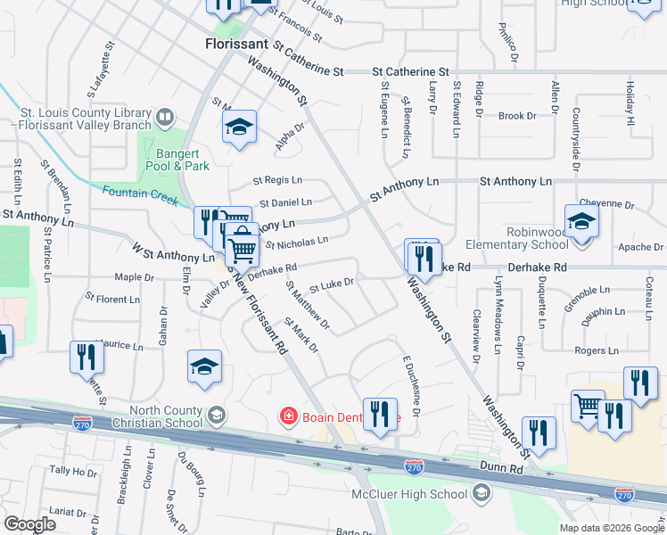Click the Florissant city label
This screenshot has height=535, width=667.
[x=237, y=42]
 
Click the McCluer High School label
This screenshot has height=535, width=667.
[x=422, y=494]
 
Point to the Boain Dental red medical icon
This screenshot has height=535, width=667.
[x=289, y=416]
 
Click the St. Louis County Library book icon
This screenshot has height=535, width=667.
[x=165, y=118]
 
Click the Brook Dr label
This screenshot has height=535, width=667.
[x=517, y=116]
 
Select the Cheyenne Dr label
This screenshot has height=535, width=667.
[x=606, y=204]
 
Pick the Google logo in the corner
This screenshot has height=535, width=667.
[x=29, y=524]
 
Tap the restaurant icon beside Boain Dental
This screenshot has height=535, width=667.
[x=380, y=413]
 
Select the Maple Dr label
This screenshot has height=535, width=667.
[x=135, y=277]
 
